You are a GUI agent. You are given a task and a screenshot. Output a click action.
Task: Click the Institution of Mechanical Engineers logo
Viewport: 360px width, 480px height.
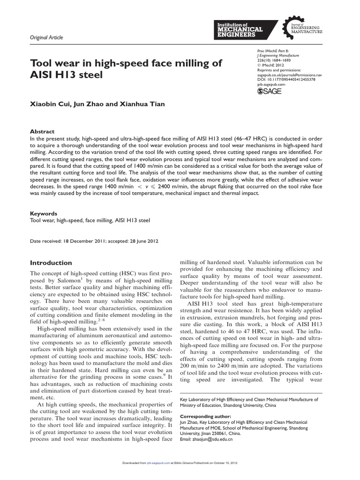click(239, 29)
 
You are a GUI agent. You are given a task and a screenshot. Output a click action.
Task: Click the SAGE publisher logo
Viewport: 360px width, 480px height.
click(270, 91)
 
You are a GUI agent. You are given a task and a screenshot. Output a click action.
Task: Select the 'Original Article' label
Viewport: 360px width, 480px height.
click(47, 37)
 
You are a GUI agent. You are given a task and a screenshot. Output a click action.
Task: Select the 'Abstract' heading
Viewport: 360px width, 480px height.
click(42, 132)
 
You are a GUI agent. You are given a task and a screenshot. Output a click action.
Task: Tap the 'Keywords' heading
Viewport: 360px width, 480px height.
click(44, 213)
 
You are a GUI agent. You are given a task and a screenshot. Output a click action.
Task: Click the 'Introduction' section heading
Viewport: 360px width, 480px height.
click(51, 262)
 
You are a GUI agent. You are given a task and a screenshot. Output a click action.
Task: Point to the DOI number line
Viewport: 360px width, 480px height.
click(286, 80)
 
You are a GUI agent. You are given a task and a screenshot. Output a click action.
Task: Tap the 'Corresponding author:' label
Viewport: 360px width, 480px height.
click(205, 416)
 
